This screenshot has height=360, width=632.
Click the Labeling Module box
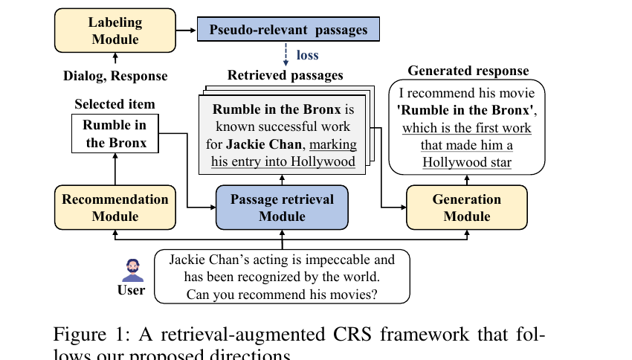coord(115,30)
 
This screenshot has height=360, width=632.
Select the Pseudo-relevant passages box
coord(288,30)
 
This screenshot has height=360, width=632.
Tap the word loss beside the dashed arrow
coord(307,54)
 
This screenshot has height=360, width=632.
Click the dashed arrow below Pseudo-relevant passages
coord(286,55)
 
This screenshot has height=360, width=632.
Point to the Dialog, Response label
coord(115,76)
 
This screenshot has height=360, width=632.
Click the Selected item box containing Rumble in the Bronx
coord(115,134)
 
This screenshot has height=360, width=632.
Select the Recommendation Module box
coord(115,207)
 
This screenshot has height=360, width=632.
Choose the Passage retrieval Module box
coord(282,207)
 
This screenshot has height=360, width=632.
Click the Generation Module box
coord(467,207)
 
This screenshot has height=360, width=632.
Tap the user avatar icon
coord(132,269)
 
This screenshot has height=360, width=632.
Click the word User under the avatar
coord(132,290)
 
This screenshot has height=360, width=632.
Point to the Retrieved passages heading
coord(286,75)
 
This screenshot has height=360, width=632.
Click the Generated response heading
coord(468,71)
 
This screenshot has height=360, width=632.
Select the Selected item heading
coord(115,104)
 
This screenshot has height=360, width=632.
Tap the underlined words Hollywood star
coord(467,161)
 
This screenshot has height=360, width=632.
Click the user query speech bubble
coord(282,277)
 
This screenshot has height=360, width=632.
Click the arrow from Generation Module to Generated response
coord(467,180)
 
